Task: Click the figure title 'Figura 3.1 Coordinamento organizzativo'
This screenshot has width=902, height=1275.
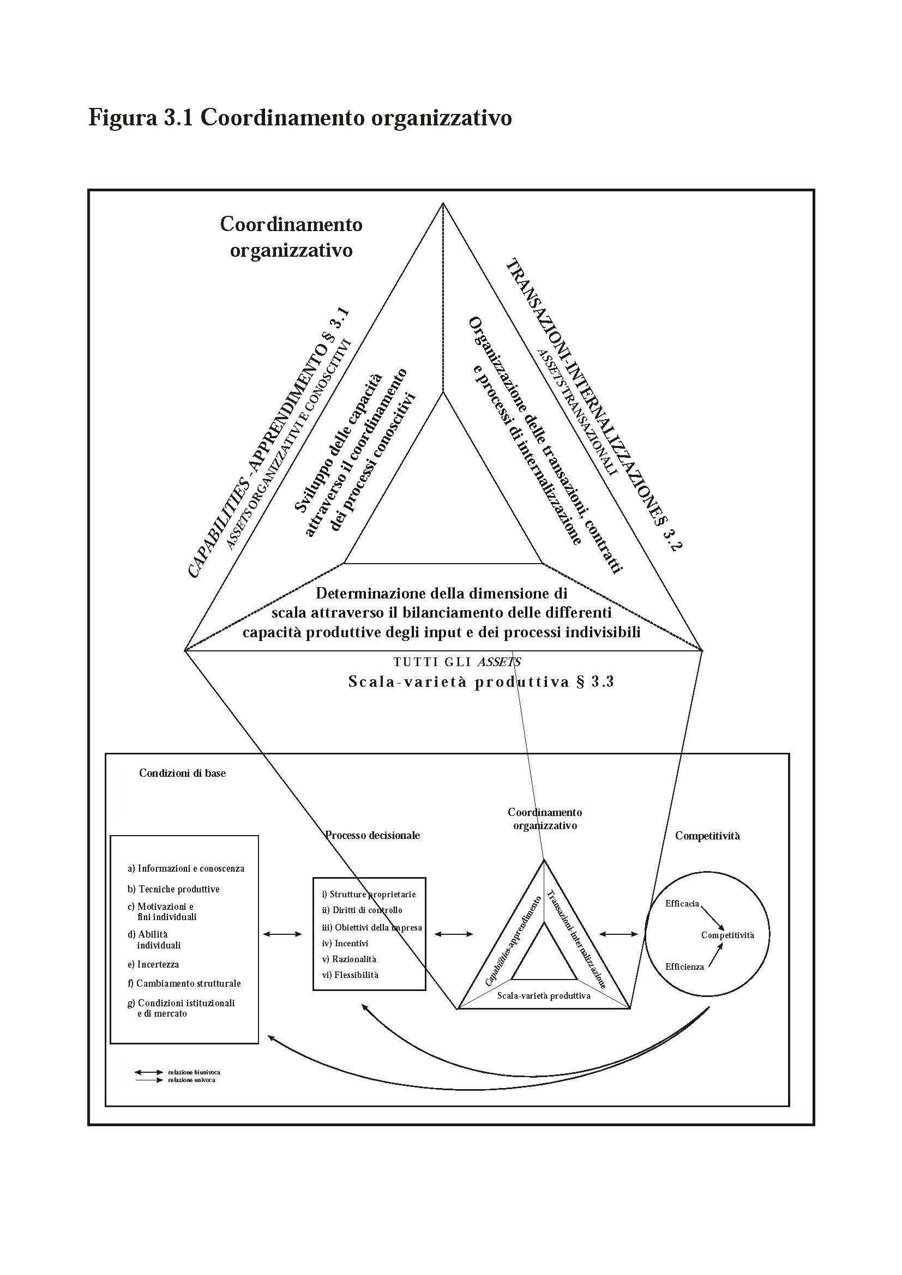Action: [x=300, y=118]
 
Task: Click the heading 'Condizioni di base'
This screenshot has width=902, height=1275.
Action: [x=182, y=774]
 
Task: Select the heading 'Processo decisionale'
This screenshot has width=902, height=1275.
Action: [x=372, y=835]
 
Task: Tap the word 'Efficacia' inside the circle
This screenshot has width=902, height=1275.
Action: [x=682, y=903]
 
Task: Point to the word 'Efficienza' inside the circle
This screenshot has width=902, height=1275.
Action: [x=684, y=967]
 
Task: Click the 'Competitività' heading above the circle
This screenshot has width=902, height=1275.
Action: [x=707, y=836]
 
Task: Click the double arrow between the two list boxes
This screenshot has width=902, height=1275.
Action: [x=282, y=935]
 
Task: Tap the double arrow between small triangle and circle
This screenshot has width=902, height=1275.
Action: [x=620, y=935]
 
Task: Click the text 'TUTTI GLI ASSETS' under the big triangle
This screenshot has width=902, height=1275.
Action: [x=456, y=662]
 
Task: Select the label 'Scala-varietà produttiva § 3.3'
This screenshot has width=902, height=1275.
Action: [x=480, y=682]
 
